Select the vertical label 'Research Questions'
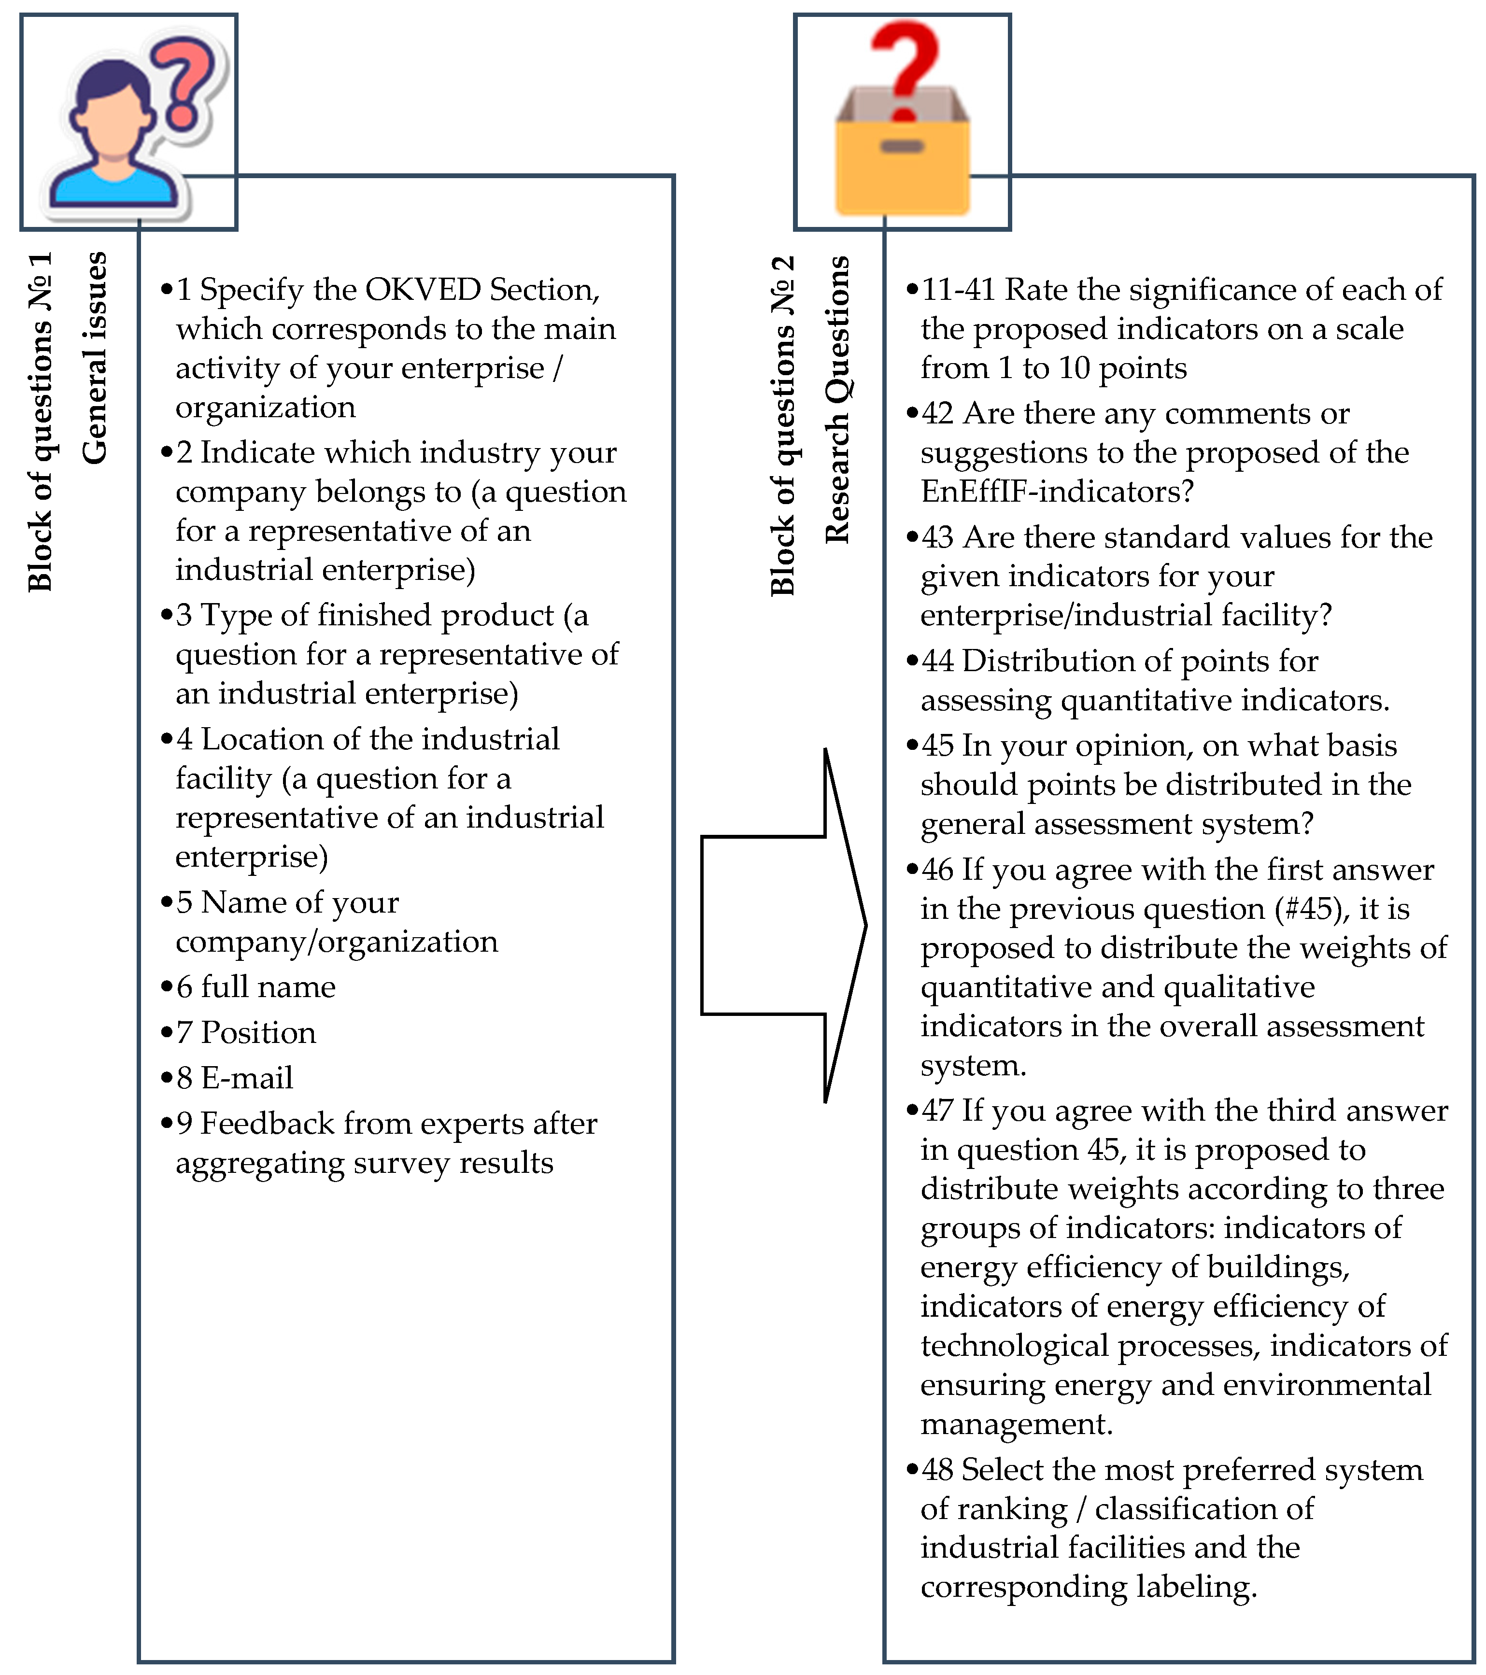[x=837, y=399]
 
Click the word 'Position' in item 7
[x=258, y=1032]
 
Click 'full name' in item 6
[x=268, y=986]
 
